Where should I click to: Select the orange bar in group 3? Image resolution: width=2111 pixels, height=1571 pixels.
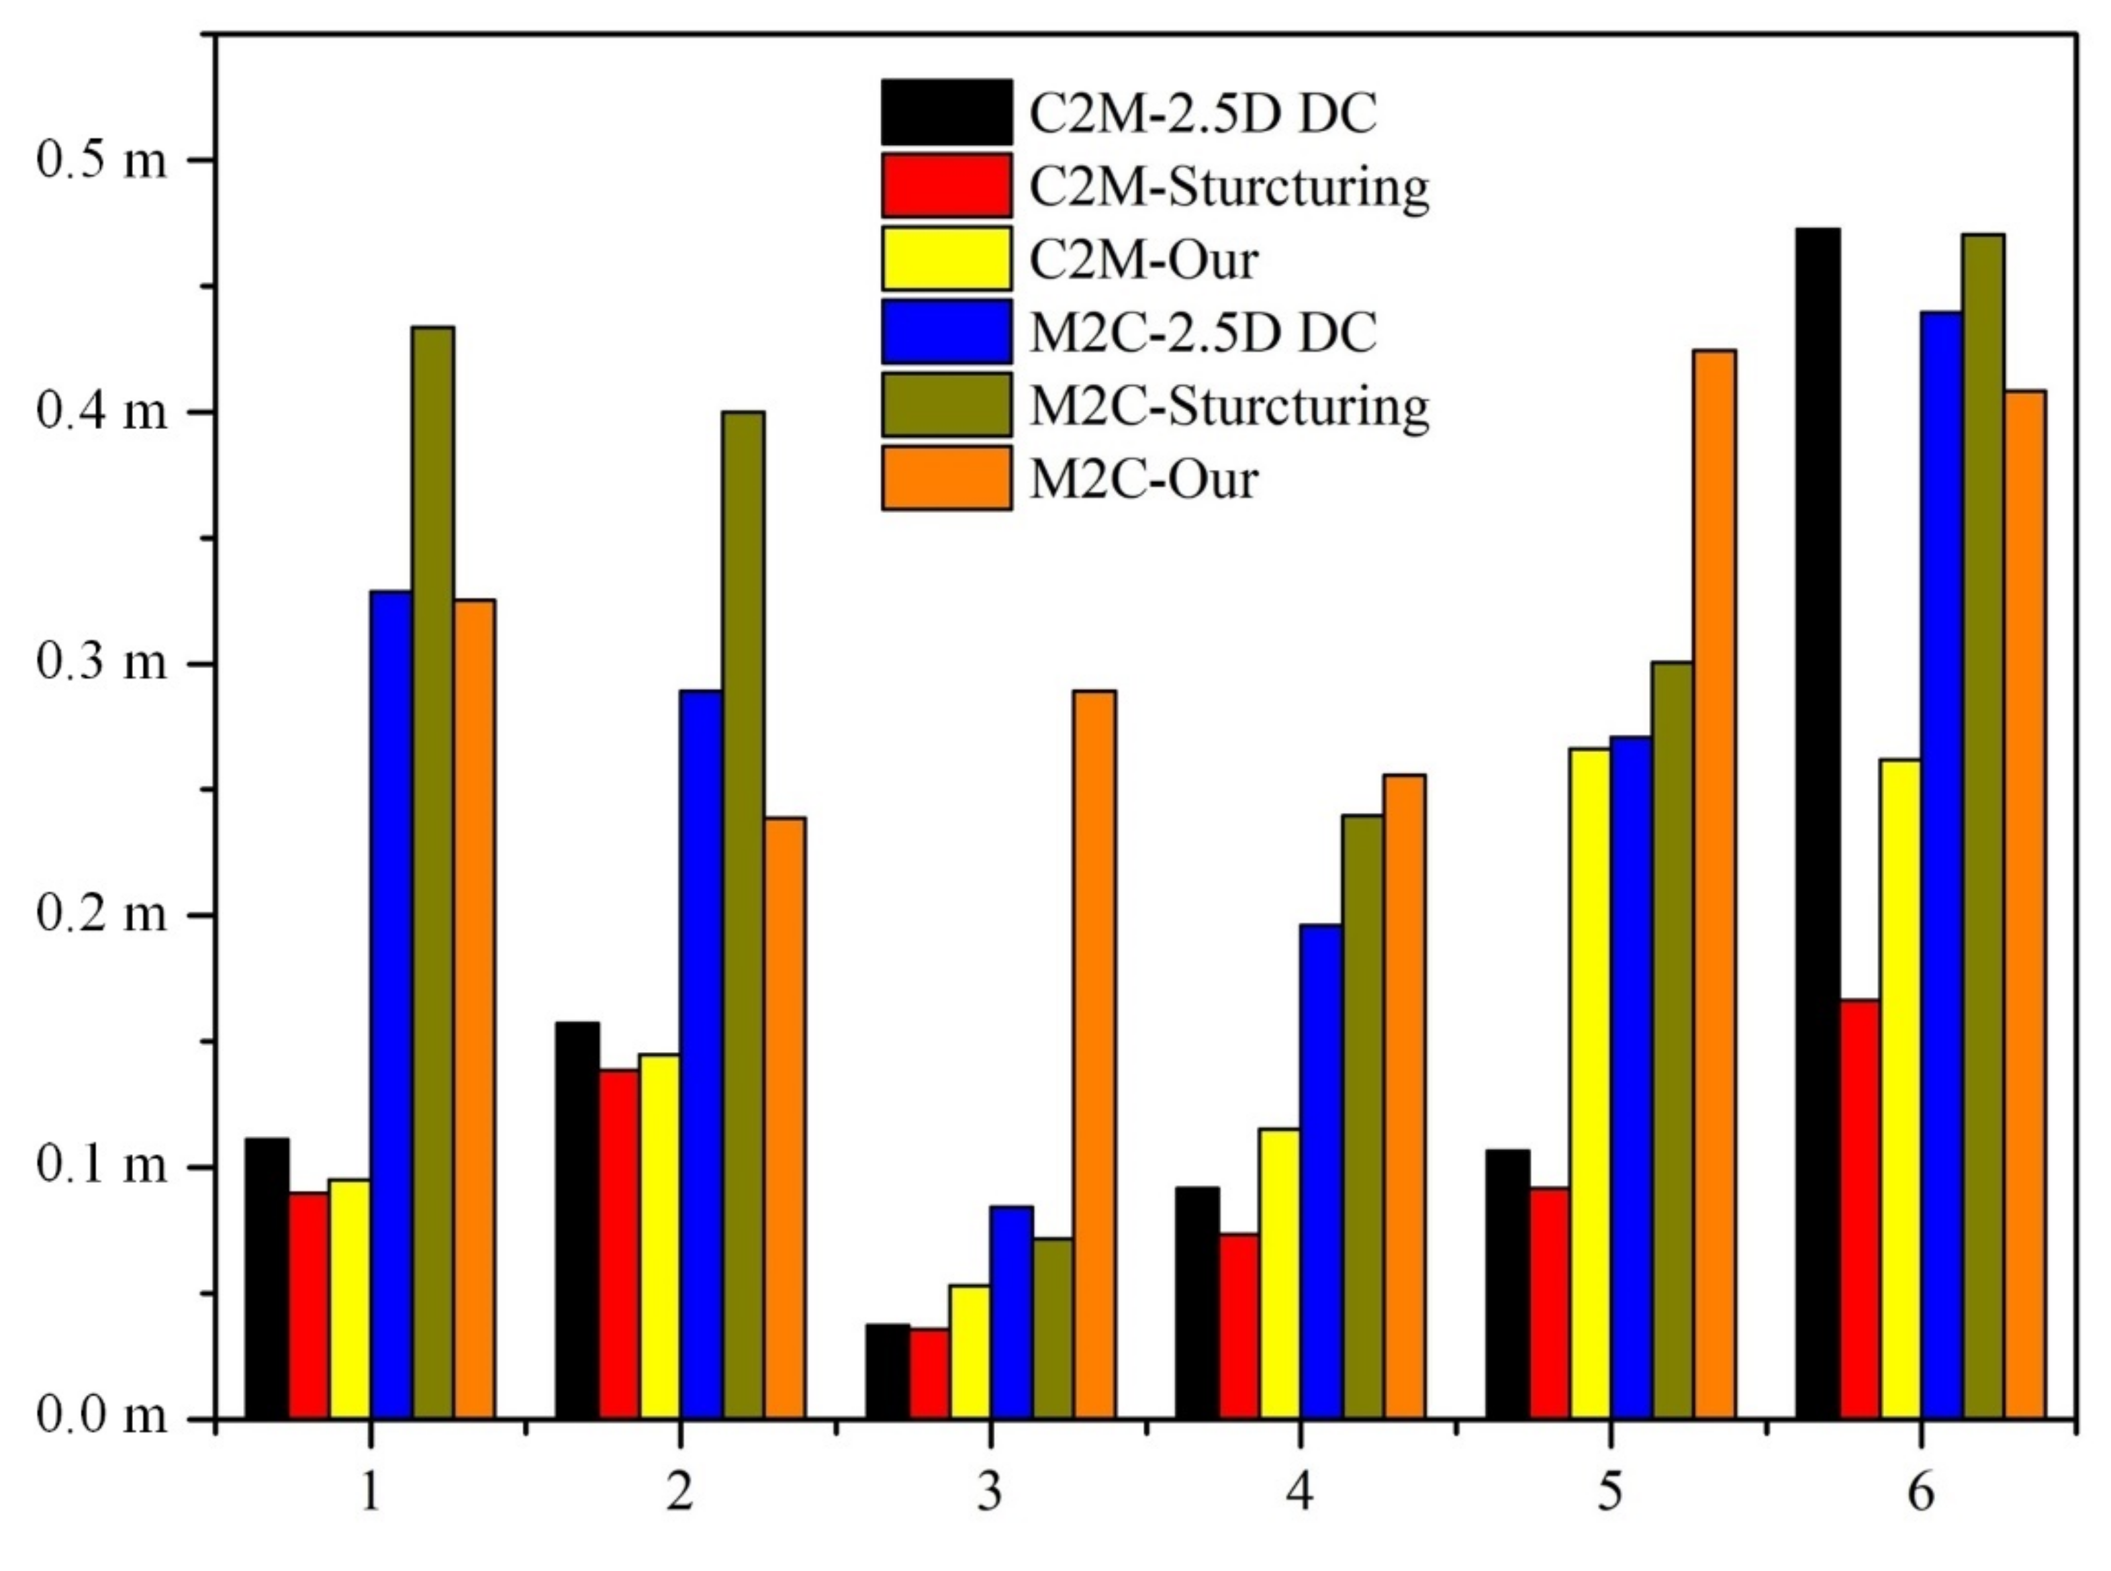[1094, 1055]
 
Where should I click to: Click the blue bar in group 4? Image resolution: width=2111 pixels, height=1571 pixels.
[1321, 1171]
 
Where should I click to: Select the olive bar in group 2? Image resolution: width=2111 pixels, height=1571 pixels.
[743, 915]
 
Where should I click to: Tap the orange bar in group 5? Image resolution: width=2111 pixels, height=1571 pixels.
[1714, 884]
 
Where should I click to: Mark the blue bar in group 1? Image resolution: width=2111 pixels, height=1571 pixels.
[391, 1004]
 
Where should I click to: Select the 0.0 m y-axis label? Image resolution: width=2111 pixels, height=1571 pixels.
[100, 1417]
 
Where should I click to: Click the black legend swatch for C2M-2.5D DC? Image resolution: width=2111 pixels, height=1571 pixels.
[946, 112]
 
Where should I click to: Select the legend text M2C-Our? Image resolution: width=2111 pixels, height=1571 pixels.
[1144, 479]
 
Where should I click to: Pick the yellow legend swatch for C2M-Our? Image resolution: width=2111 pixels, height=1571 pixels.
[946, 258]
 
